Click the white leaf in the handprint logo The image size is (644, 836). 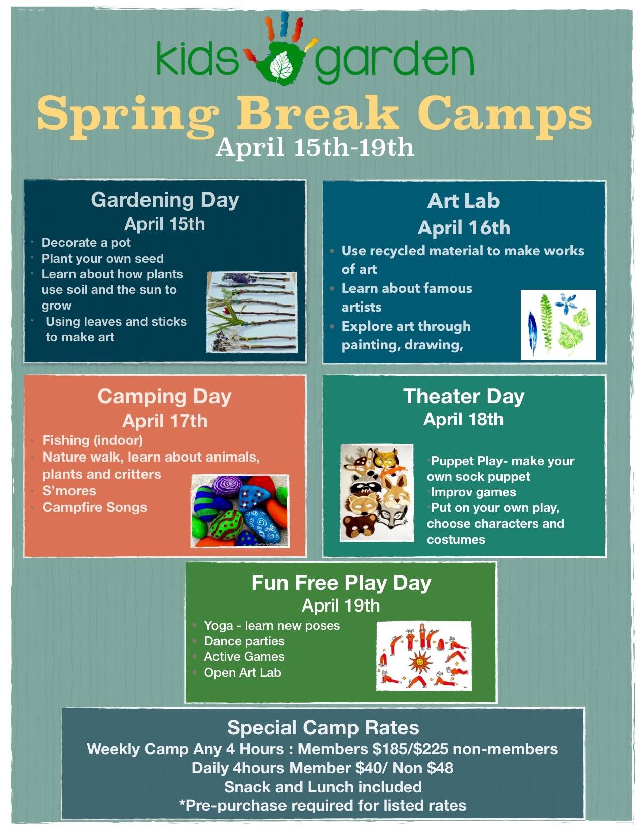click(281, 64)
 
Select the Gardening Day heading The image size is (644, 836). click(165, 200)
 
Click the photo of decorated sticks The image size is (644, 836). click(252, 312)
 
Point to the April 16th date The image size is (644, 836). click(464, 228)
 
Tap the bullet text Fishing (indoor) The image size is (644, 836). click(93, 440)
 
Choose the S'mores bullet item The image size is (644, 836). click(69, 491)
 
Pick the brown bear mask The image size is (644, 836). click(360, 524)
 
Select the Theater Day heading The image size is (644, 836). click(464, 396)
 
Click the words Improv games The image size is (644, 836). click(473, 492)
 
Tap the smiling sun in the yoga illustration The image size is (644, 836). click(419, 661)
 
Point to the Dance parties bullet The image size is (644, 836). click(244, 641)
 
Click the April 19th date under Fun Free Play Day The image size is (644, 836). click(340, 605)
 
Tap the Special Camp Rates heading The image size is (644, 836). click(323, 727)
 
